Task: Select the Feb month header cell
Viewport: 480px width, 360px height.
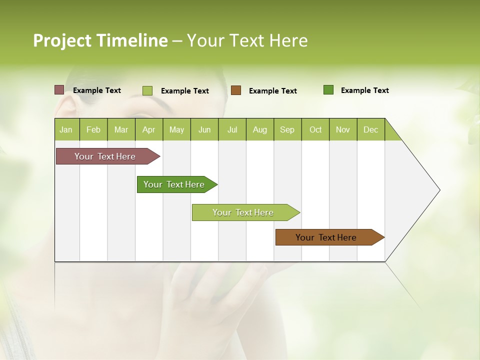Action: point(93,129)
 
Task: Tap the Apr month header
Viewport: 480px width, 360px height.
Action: point(149,129)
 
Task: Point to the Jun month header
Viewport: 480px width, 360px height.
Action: point(204,129)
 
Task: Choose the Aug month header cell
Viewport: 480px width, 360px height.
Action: point(260,129)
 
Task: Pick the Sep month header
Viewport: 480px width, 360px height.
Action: point(287,129)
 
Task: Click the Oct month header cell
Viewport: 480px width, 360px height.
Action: point(315,129)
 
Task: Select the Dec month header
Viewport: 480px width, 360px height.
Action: point(371,129)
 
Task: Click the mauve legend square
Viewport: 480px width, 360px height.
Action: point(59,90)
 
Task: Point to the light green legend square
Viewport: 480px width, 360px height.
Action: point(147,90)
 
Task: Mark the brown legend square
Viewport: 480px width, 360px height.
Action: point(236,90)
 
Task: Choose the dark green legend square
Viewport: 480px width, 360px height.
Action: point(328,90)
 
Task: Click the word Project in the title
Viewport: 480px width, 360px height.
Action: point(62,40)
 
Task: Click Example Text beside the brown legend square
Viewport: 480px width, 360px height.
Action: point(273,91)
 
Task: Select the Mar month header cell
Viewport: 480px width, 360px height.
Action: point(121,129)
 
